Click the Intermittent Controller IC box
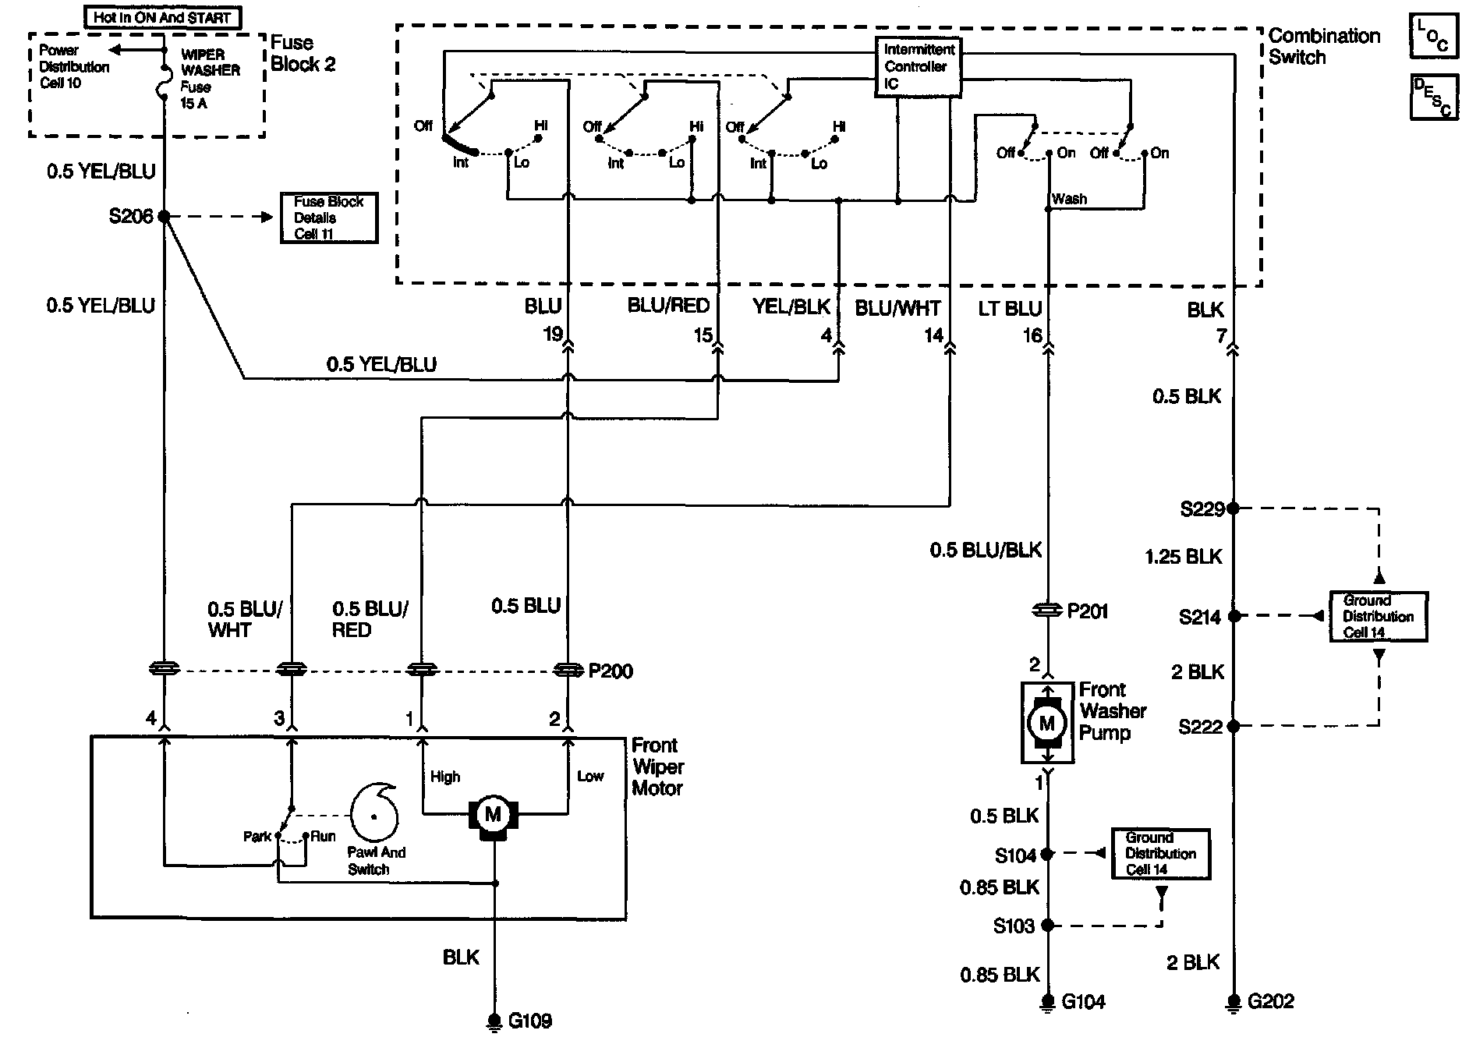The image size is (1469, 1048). [x=918, y=67]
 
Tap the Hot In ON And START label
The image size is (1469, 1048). [x=162, y=17]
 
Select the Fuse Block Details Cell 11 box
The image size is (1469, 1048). [x=328, y=218]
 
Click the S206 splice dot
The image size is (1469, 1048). [x=165, y=216]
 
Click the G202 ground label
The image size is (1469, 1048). [x=1270, y=1001]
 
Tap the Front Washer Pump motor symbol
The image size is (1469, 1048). [x=1046, y=723]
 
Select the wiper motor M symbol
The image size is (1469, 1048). [x=493, y=816]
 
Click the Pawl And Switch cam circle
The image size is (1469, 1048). [x=374, y=816]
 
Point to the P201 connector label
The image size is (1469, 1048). [x=1087, y=611]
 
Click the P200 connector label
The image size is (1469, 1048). [x=610, y=671]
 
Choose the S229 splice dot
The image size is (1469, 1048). [x=1233, y=508]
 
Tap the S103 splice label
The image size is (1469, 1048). [x=1013, y=926]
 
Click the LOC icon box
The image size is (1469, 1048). [x=1433, y=36]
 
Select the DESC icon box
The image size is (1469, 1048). [x=1433, y=97]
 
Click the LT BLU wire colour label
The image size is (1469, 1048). [x=1010, y=309]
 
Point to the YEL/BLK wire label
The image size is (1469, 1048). [x=791, y=307]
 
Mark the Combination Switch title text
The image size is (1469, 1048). [x=1323, y=46]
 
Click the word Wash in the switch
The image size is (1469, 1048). [x=1069, y=199]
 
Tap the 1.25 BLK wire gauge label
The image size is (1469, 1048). [x=1183, y=557]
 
